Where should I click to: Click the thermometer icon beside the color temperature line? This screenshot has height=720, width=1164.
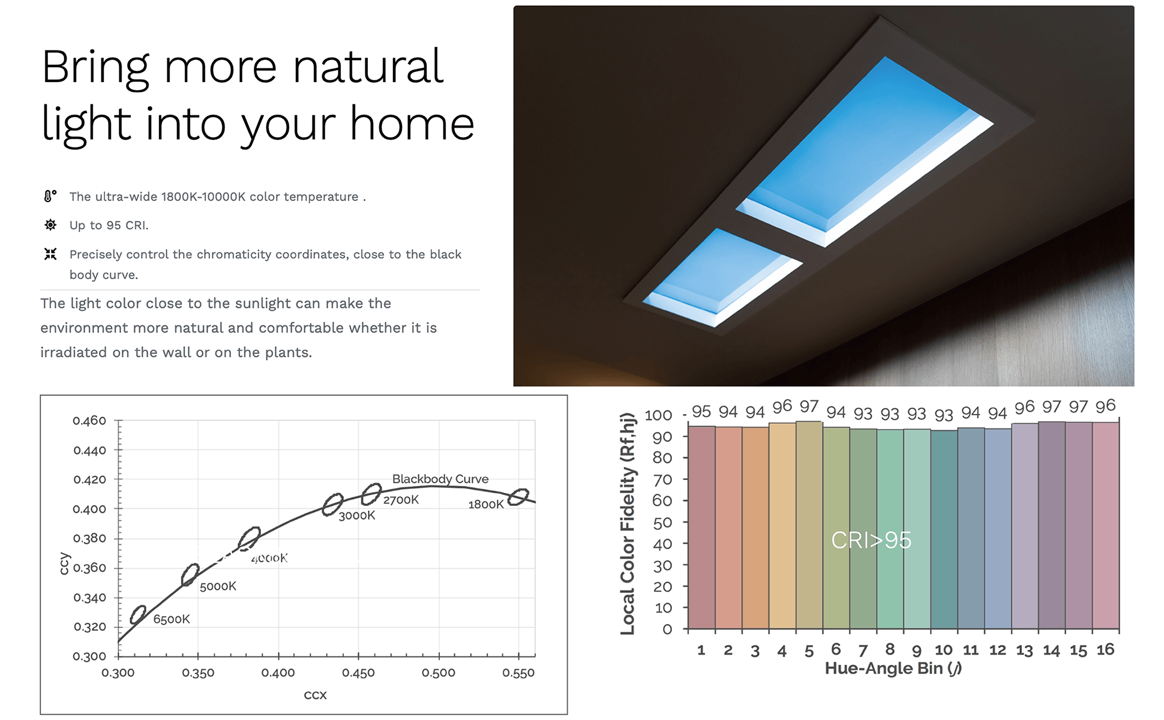50,196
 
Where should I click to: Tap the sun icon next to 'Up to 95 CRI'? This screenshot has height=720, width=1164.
50,225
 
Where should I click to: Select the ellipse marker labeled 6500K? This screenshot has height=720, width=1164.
138,614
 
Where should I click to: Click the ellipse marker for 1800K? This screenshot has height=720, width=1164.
518,497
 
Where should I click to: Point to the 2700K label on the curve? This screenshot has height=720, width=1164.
401,500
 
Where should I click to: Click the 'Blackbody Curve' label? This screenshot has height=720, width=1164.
440,479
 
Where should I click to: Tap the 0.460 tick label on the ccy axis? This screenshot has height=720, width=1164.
89,421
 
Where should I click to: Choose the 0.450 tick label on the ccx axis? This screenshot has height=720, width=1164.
358,673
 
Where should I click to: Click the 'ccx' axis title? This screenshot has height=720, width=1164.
315,695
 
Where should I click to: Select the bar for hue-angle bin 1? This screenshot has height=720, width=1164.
701,527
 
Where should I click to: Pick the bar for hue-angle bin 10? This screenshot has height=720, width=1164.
944,529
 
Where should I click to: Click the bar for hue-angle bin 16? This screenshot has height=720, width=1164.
1106,526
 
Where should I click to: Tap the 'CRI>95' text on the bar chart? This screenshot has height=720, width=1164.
871,540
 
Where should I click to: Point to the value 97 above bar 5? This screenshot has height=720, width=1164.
809,407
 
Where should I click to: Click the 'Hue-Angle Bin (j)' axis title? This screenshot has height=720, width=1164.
893,668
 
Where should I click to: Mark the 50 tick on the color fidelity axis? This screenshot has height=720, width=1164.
662,523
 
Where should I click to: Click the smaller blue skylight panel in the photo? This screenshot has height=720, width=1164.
722,277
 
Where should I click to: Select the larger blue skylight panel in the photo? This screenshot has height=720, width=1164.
865,151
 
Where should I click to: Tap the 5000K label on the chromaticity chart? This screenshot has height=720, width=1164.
218,586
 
